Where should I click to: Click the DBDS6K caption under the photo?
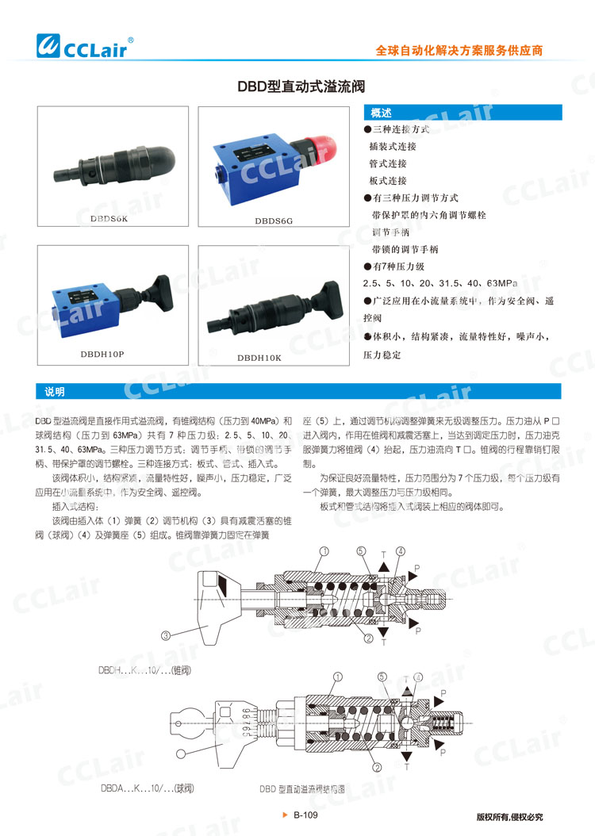click(109, 217)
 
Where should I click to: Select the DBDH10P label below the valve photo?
click(102, 354)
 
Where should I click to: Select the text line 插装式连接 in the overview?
click(393, 146)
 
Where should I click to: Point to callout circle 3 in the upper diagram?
click(166, 635)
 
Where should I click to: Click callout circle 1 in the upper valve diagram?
click(324, 550)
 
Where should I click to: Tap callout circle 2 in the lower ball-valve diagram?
click(378, 767)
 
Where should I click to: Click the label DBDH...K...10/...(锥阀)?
click(145, 670)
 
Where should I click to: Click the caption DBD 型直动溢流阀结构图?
click(301, 789)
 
